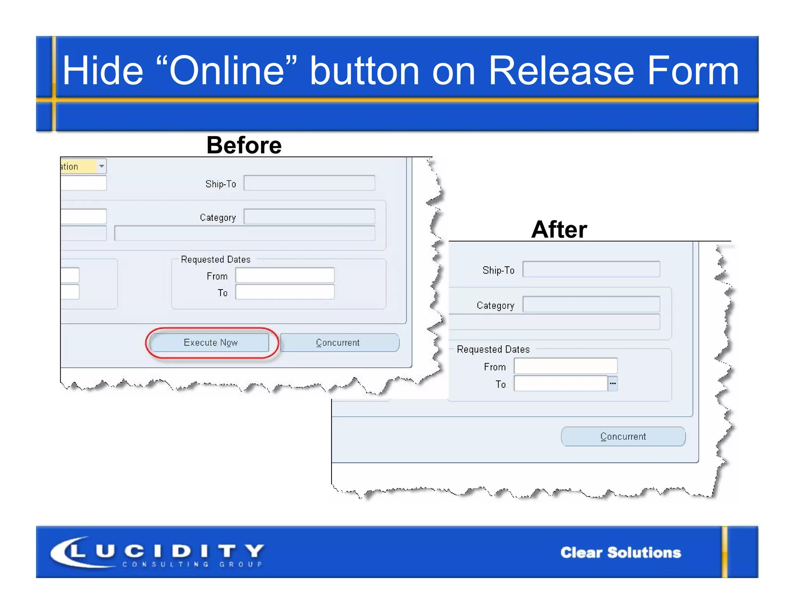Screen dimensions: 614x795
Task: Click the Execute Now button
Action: [210, 342]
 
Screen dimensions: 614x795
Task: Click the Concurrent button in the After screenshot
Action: [623, 436]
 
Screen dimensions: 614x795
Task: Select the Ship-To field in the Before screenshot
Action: [309, 183]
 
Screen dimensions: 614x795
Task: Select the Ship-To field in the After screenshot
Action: [591, 269]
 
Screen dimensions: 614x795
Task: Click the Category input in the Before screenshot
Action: [309, 217]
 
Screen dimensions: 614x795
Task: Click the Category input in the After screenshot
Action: [591, 305]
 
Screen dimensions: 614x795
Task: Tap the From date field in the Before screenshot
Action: [285, 275]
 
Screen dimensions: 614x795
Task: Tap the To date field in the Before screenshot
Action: [285, 292]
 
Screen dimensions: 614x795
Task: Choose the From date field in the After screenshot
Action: [565, 366]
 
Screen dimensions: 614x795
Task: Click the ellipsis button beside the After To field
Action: [613, 383]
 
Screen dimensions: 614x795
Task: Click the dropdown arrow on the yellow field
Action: [101, 166]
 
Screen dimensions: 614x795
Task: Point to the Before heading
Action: [244, 145]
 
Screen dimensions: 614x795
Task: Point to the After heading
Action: [559, 229]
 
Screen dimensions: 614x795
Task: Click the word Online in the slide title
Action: [227, 70]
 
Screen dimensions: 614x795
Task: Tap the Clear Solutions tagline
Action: [620, 552]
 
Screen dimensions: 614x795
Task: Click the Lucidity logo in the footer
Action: [157, 552]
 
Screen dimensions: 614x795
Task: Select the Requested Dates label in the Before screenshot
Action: [215, 259]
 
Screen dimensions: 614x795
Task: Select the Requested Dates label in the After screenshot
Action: [493, 349]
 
